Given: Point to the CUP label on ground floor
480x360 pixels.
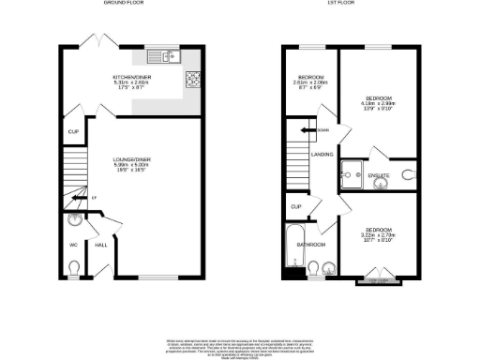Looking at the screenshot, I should click(x=72, y=132).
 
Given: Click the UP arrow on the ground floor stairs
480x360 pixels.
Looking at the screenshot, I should click(x=93, y=197).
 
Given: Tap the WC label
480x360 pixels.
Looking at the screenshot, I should click(x=73, y=246).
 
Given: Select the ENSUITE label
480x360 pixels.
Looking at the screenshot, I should click(x=381, y=174).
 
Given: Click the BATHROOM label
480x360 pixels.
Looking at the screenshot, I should click(x=311, y=245).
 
